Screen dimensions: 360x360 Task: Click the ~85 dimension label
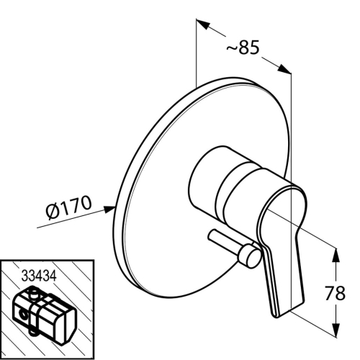pyautogui.click(x=243, y=47)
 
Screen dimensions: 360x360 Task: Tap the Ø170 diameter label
pyautogui.click(x=69, y=207)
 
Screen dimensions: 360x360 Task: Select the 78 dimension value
pyautogui.click(x=335, y=293)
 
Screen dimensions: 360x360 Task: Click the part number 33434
pyautogui.click(x=39, y=276)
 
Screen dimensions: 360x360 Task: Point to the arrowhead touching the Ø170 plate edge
pyautogui.click(x=109, y=209)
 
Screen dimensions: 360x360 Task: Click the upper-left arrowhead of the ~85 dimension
pyautogui.click(x=203, y=24)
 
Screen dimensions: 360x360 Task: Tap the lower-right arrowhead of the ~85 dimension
pyautogui.click(x=284, y=68)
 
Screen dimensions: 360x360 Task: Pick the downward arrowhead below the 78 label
pyautogui.click(x=336, y=330)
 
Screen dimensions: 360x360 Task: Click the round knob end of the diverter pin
pyautogui.click(x=250, y=256)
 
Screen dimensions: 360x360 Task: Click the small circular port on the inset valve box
pyautogui.click(x=23, y=315)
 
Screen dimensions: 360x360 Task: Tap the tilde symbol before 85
pyautogui.click(x=232, y=48)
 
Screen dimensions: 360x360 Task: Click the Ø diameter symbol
pyautogui.click(x=53, y=212)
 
